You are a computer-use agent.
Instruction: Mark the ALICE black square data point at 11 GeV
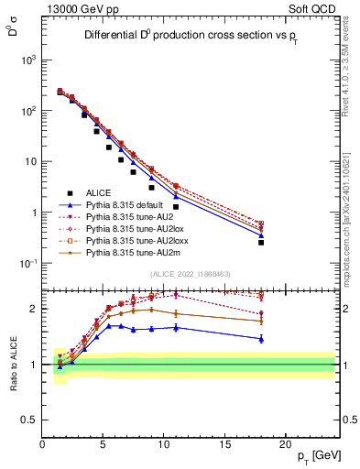click(176, 207)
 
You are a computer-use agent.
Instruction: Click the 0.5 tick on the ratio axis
click(29, 419)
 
